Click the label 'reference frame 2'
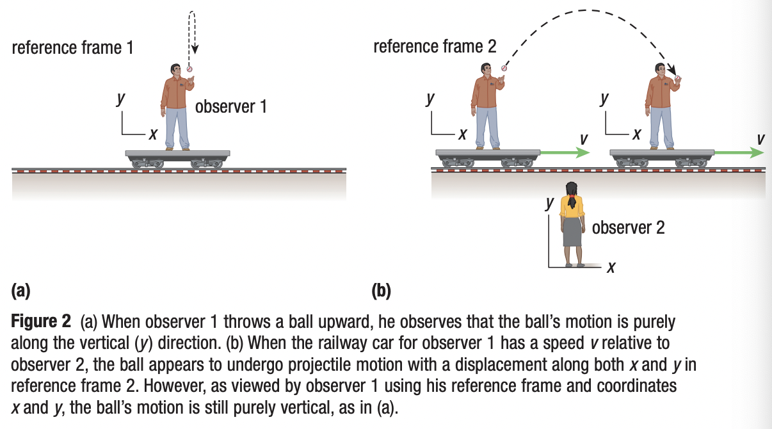434,46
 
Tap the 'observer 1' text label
230,106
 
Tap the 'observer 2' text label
629,227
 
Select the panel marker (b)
382,291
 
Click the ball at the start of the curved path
504,68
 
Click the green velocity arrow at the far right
739,153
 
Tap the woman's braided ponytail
572,202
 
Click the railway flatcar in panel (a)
177,155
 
